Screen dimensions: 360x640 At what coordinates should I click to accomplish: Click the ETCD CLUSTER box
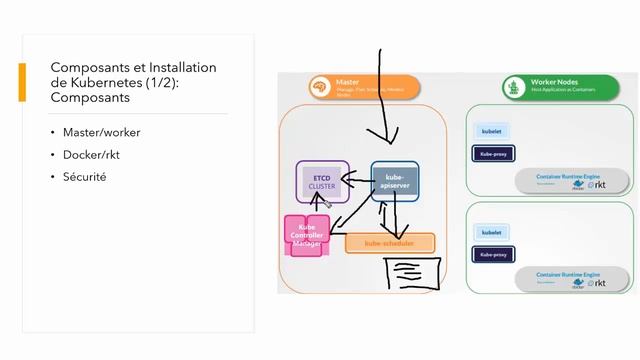(322, 181)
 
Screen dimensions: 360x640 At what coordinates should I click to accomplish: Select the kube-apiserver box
(394, 182)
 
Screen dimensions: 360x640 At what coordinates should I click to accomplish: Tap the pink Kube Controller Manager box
(307, 235)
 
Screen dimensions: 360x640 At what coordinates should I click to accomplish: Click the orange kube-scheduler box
(390, 243)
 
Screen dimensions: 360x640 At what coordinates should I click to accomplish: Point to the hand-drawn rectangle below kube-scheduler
(412, 270)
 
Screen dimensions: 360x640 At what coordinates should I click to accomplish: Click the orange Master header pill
(357, 86)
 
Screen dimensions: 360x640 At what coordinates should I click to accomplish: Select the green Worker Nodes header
(566, 86)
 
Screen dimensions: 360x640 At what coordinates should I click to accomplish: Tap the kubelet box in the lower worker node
(491, 232)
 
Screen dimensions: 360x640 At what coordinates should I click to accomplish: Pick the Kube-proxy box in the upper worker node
(491, 153)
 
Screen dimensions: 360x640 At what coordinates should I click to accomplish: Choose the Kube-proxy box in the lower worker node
(491, 254)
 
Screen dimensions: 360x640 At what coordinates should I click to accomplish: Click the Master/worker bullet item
(101, 132)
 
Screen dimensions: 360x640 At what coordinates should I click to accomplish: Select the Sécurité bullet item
(84, 176)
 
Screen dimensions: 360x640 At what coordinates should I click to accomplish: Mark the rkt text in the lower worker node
(600, 283)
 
